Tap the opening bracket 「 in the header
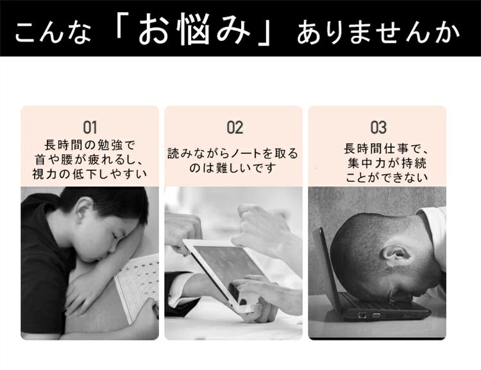pyautogui.click(x=123, y=24)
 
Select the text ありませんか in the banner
pyautogui.click(x=378, y=33)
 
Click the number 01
pyautogui.click(x=90, y=127)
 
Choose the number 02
pyautogui.click(x=235, y=127)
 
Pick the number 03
pyautogui.click(x=378, y=127)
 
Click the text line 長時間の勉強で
pyautogui.click(x=90, y=145)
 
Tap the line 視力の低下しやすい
pyautogui.click(x=90, y=174)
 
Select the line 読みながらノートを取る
pyautogui.click(x=233, y=153)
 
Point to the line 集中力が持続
pyautogui.click(x=387, y=163)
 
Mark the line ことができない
pyautogui.click(x=387, y=177)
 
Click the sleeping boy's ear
pyautogui.click(x=85, y=209)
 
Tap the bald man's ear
pyautogui.click(x=396, y=253)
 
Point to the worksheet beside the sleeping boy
pyautogui.click(x=137, y=286)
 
